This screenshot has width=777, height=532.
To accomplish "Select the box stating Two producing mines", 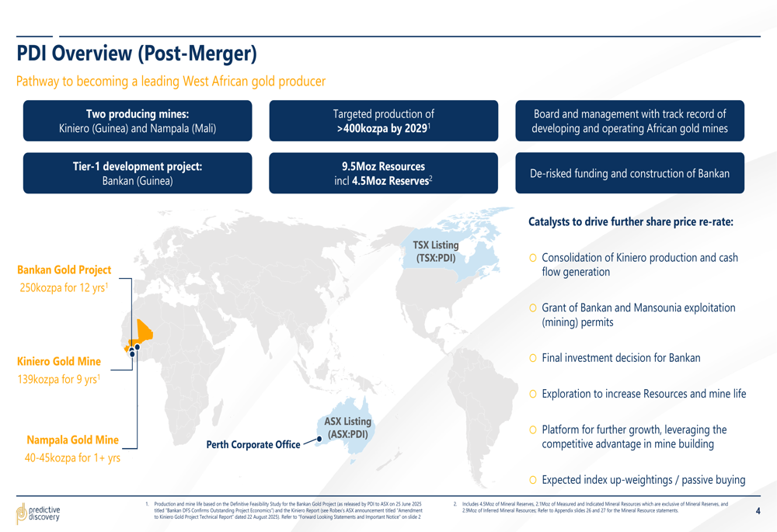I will [138, 121].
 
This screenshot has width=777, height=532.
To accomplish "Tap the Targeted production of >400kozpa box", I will [383, 121].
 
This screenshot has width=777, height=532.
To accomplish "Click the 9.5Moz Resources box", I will [383, 173].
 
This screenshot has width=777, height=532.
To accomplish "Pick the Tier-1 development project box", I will [138, 173].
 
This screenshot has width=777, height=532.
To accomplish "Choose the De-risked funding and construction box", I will [630, 173].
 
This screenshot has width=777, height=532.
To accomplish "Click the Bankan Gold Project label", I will [64, 270].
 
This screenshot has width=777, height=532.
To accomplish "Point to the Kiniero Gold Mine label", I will [59, 362].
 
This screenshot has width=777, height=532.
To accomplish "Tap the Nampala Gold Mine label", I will [73, 440].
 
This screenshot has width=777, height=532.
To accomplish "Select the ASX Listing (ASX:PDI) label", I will [348, 427].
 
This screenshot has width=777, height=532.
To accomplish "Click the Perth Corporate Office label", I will [253, 445].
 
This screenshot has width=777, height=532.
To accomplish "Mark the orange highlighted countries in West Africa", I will [143, 332].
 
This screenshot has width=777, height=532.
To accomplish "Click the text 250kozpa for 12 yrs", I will [64, 288].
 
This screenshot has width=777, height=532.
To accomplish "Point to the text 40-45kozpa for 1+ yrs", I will [72, 458].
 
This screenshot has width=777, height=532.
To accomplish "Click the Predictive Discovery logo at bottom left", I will [38, 513].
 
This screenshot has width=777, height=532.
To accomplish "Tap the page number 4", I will [758, 511].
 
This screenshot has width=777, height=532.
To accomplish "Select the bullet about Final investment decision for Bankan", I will [620, 358].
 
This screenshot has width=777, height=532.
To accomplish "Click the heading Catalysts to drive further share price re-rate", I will [631, 222].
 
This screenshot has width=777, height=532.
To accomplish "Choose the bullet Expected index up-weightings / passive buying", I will [643, 480].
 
